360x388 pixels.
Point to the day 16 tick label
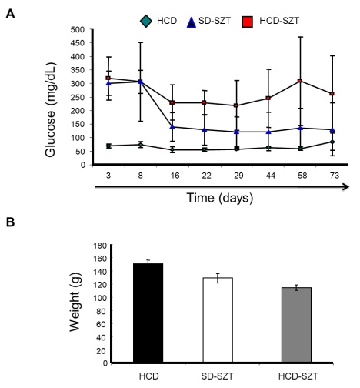[172, 176]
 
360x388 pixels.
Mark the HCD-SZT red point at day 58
[300, 81]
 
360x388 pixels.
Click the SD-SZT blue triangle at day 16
[172, 126]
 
